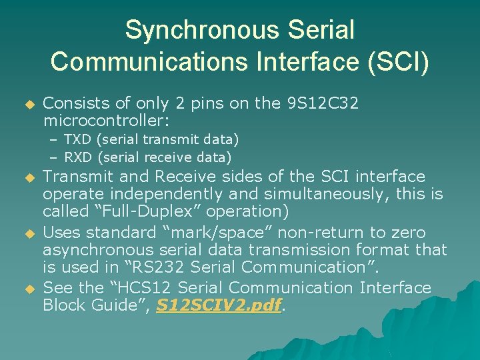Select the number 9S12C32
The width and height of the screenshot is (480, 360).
(323, 103)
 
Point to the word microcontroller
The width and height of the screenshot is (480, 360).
(106, 121)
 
